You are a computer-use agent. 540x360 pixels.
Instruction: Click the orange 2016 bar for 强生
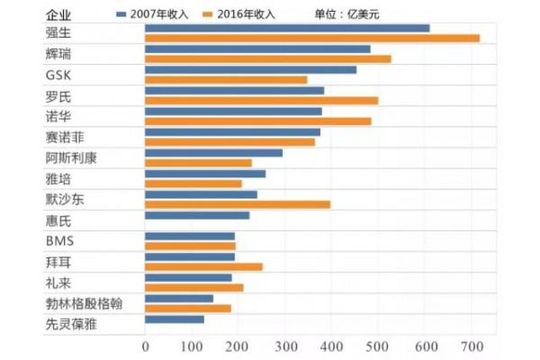tap(311, 39)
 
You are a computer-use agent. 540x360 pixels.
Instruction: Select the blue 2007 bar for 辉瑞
tap(257, 49)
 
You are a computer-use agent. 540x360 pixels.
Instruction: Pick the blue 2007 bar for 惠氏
tap(196, 215)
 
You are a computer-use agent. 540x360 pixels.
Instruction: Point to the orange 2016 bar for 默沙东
tap(238, 203)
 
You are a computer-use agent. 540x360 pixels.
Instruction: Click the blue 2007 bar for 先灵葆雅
tap(174, 319)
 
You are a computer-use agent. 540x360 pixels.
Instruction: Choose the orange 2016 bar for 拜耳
tap(203, 266)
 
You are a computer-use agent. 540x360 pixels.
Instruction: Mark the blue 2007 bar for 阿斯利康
tap(213, 153)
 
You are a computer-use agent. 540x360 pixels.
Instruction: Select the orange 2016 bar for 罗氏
tap(261, 101)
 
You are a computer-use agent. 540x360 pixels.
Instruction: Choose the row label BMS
tap(59, 240)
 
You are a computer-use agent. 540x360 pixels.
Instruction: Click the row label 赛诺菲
tap(69, 137)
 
